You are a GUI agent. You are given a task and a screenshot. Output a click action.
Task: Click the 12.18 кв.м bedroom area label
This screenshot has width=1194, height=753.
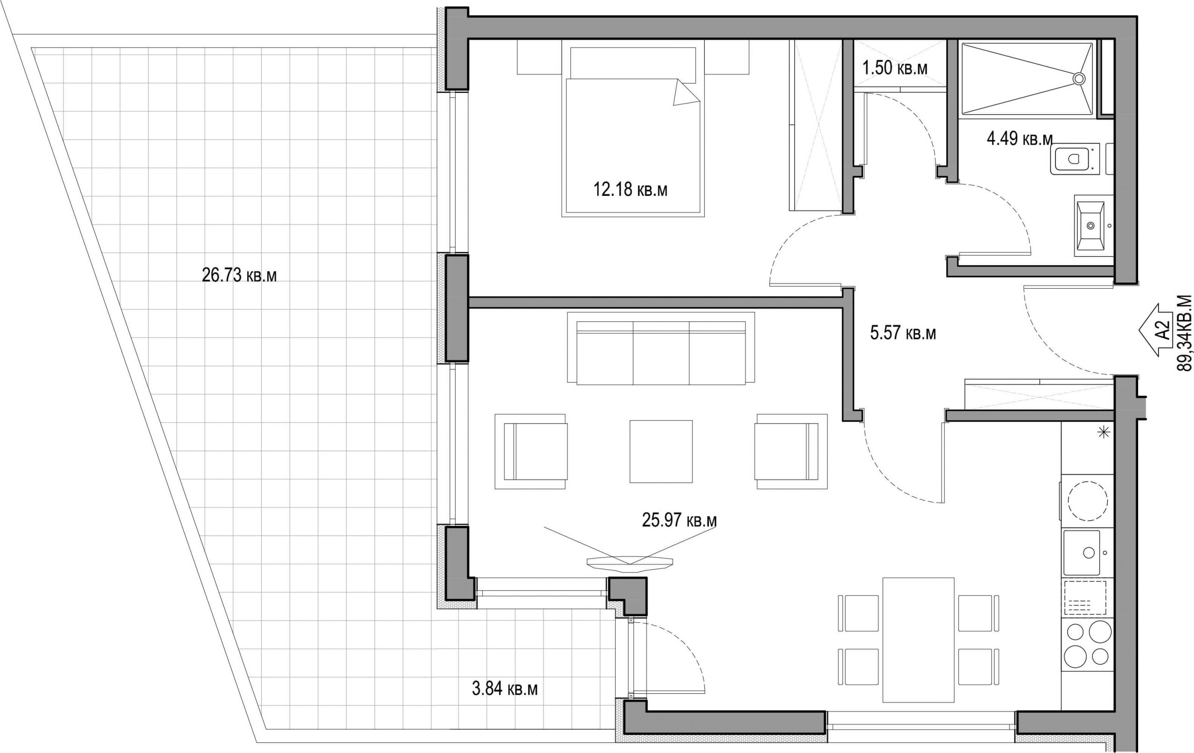click(x=630, y=189)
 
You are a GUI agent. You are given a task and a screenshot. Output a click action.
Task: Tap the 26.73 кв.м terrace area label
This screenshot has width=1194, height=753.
click(x=239, y=275)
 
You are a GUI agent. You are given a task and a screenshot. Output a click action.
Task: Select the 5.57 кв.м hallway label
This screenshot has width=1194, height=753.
click(x=903, y=332)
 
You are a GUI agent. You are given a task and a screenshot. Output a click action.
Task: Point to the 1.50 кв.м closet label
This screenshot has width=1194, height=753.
click(x=895, y=68)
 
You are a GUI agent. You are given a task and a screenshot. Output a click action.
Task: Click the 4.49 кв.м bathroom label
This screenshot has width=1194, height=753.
click(x=1020, y=139)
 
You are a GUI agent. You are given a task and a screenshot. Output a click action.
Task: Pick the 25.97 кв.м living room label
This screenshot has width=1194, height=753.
click(x=679, y=520)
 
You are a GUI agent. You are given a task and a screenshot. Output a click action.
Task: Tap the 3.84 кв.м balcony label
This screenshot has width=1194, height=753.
click(x=505, y=689)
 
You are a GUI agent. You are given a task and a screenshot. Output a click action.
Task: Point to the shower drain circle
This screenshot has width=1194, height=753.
click(x=1079, y=78)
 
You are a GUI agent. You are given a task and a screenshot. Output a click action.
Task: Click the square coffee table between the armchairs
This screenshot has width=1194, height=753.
click(x=661, y=451)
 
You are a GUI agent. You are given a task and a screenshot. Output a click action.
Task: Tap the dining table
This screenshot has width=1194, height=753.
click(x=918, y=640)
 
